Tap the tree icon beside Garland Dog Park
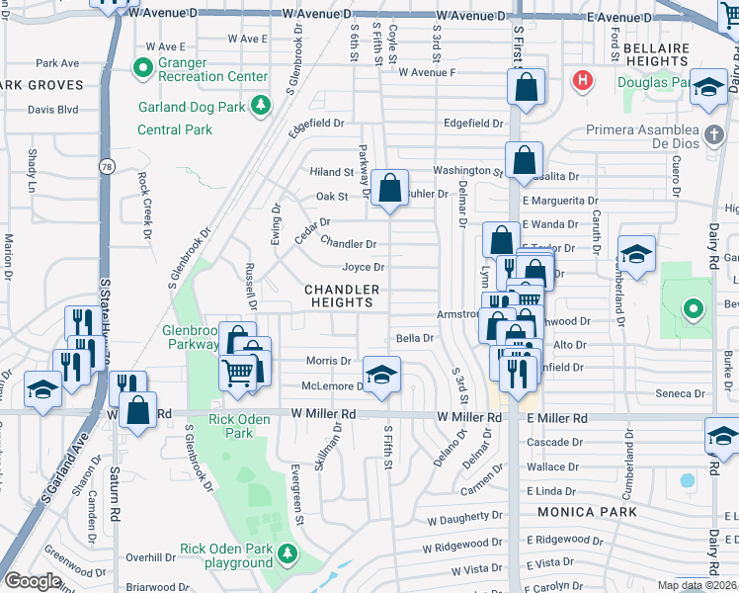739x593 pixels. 261,104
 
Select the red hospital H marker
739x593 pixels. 584,80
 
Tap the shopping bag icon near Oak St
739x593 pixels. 390,186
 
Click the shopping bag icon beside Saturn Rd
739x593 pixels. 137,408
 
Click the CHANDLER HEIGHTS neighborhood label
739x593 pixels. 342,296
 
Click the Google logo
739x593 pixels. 33,580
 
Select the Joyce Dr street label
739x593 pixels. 363,267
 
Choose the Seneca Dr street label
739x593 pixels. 680,393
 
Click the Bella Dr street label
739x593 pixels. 415,338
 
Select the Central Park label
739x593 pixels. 175,129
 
